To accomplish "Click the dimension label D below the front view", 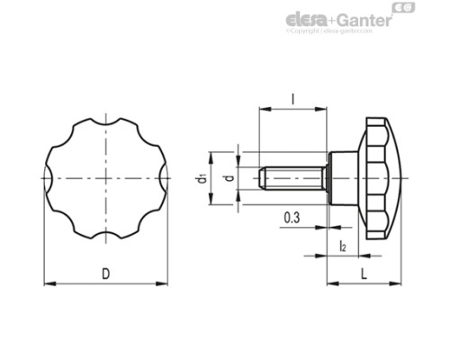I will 107,272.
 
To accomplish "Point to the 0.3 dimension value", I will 292,217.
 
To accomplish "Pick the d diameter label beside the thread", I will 228,178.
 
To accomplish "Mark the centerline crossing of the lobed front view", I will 106,178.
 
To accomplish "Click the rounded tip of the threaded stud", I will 261,178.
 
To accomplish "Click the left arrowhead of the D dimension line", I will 47,284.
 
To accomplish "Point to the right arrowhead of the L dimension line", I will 399,284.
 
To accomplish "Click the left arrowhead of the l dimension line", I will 262,110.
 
